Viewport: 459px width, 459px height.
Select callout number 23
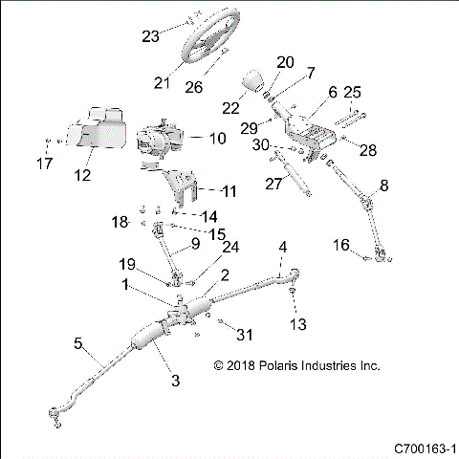coord(150,37)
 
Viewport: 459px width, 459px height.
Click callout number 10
coord(217,139)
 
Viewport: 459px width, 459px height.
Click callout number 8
coord(383,185)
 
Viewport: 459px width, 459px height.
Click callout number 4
coord(282,249)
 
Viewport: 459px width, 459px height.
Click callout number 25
coord(352,93)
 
